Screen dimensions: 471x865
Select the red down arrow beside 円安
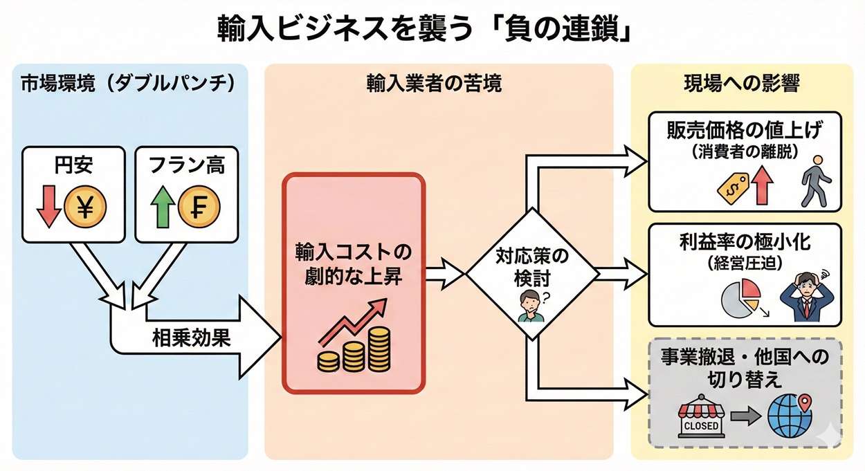[48, 206]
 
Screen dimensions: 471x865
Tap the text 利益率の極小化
[745, 243]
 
